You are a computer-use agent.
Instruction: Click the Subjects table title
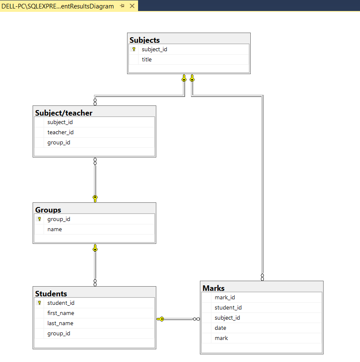click(145, 40)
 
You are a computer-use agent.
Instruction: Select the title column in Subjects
click(147, 60)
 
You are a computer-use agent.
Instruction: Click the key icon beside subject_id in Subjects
click(134, 50)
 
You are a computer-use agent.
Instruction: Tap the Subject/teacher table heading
click(64, 113)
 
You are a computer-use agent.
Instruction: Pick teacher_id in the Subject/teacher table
click(60, 133)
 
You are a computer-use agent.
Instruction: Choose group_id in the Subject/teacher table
click(58, 143)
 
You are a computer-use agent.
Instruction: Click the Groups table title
click(48, 210)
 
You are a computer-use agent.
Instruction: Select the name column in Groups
click(55, 229)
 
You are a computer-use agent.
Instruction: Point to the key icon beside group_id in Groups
click(39, 219)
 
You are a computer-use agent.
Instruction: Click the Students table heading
click(51, 294)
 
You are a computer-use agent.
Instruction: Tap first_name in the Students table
click(61, 313)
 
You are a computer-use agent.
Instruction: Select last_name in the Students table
click(60, 323)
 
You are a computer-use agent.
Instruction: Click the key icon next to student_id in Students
click(39, 303)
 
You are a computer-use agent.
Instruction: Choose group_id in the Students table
click(58, 334)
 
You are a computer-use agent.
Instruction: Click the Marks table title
click(214, 288)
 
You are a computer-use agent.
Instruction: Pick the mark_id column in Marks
click(224, 298)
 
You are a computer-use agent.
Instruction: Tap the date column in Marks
click(220, 328)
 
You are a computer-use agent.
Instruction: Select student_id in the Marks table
click(228, 308)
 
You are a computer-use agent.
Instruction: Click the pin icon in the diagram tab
click(122, 6)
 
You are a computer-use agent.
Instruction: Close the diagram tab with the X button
click(132, 6)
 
